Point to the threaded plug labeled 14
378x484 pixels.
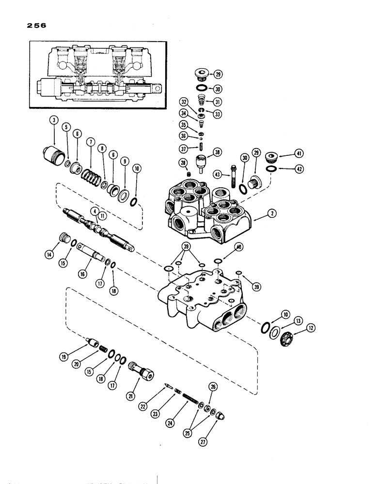point(62,240)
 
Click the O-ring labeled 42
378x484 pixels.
point(270,169)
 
